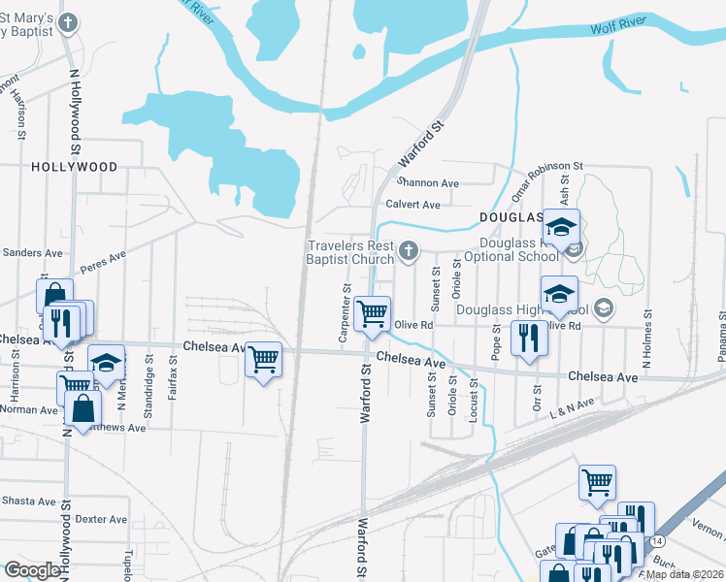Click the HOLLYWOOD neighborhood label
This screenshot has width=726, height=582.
[75, 167]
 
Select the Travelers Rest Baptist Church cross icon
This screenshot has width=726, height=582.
[409, 252]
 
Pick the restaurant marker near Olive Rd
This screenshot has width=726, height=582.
[529, 339]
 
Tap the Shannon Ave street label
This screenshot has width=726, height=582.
[427, 182]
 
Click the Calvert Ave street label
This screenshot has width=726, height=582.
[412, 205]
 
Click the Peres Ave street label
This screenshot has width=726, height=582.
[104, 261]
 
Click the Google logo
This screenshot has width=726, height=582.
[32, 570]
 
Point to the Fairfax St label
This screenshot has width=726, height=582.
[173, 378]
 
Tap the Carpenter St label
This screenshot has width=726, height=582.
[345, 313]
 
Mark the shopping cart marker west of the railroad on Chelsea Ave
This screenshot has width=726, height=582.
[264, 359]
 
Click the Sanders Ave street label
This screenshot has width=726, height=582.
[32, 252]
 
